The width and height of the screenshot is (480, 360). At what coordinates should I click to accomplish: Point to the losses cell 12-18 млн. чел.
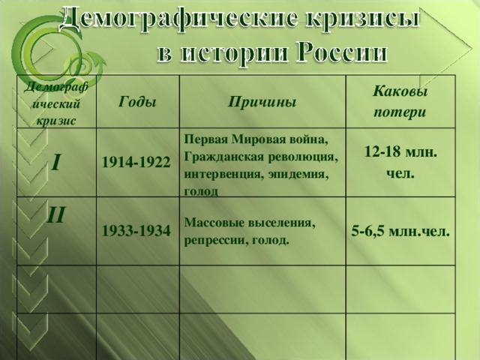(400, 162)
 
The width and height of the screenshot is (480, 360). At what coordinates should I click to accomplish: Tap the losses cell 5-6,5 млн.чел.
(400, 231)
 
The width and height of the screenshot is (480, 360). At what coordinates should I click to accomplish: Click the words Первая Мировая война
(256, 140)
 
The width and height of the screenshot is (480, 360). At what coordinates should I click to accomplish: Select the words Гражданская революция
(260, 157)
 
